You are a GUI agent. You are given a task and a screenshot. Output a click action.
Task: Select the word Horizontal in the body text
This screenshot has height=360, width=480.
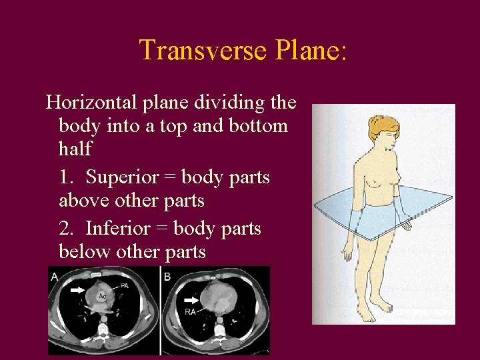pos(90,103)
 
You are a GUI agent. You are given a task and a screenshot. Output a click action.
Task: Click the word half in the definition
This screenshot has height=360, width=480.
pos(75,148)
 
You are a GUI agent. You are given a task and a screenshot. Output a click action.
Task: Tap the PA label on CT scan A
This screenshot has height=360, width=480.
pos(124,286)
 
